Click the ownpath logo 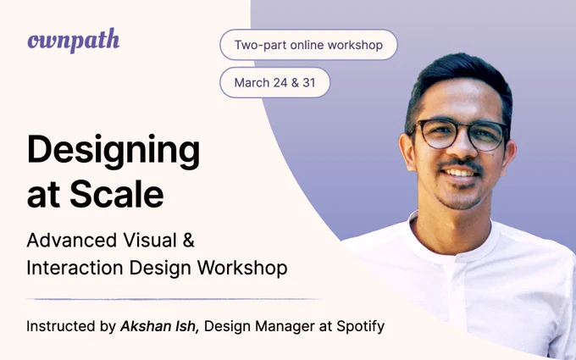pos(73,41)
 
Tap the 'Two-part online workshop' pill pos(308,45)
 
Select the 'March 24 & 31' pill pos(274,82)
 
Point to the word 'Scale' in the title pos(118,194)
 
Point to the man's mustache pos(461,163)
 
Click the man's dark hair pos(457,80)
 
